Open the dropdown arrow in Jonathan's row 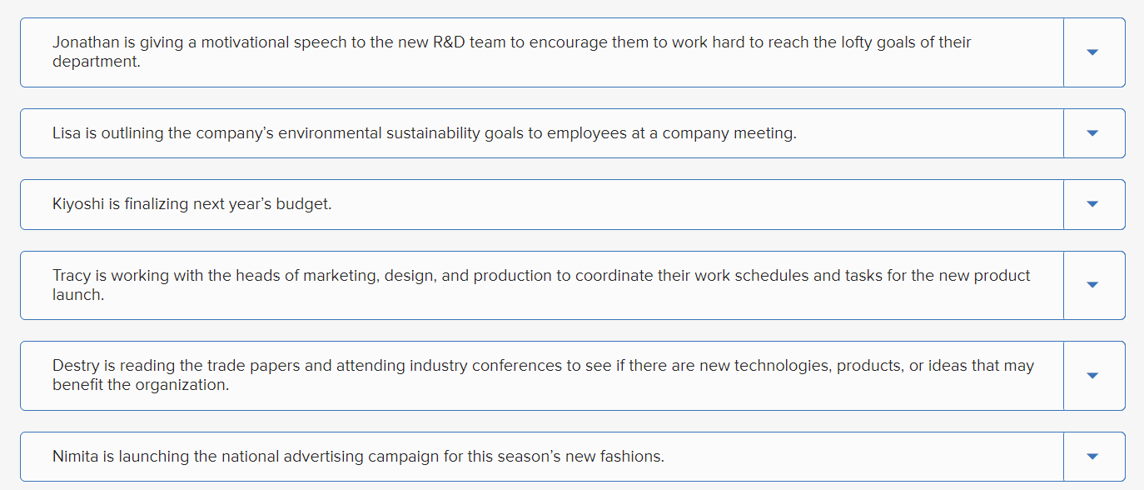coord(1093,52)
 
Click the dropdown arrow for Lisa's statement coord(1093,133)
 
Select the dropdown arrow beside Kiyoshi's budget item coord(1093,204)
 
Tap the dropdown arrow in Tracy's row coord(1093,285)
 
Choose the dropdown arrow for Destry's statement coord(1093,376)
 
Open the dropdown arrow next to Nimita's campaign coord(1093,457)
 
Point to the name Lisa coord(67,133)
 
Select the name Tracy coord(72,276)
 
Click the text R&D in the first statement coord(450,42)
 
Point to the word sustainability coord(433,133)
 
